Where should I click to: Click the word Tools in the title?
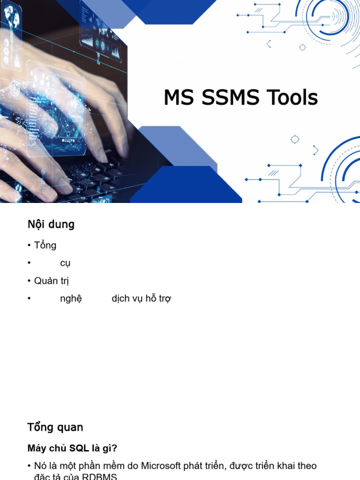[292, 98]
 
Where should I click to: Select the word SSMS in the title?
[231, 98]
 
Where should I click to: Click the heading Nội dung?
[51, 225]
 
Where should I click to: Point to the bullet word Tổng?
[45, 245]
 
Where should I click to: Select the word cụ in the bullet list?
[65, 263]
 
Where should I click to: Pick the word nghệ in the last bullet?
[71, 299]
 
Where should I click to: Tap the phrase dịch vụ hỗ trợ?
[141, 299]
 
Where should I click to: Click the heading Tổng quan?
[55, 427]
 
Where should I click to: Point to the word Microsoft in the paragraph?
[164, 466]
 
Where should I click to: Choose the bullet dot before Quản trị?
[29, 281]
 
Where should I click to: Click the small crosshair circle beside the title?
[295, 139]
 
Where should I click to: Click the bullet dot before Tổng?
[29, 246]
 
